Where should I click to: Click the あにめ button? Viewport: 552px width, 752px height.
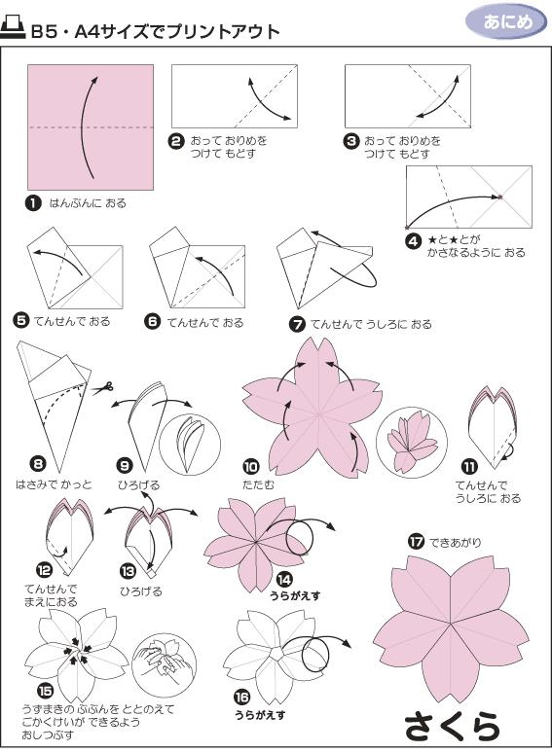click(506, 21)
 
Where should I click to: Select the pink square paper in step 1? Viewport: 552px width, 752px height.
click(91, 127)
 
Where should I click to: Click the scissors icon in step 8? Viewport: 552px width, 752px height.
click(101, 389)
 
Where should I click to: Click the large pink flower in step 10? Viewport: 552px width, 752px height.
click(305, 402)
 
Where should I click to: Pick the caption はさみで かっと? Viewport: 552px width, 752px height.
click(53, 483)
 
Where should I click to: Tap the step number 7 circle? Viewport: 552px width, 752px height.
click(298, 324)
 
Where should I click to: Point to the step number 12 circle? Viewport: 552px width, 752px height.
click(43, 570)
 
